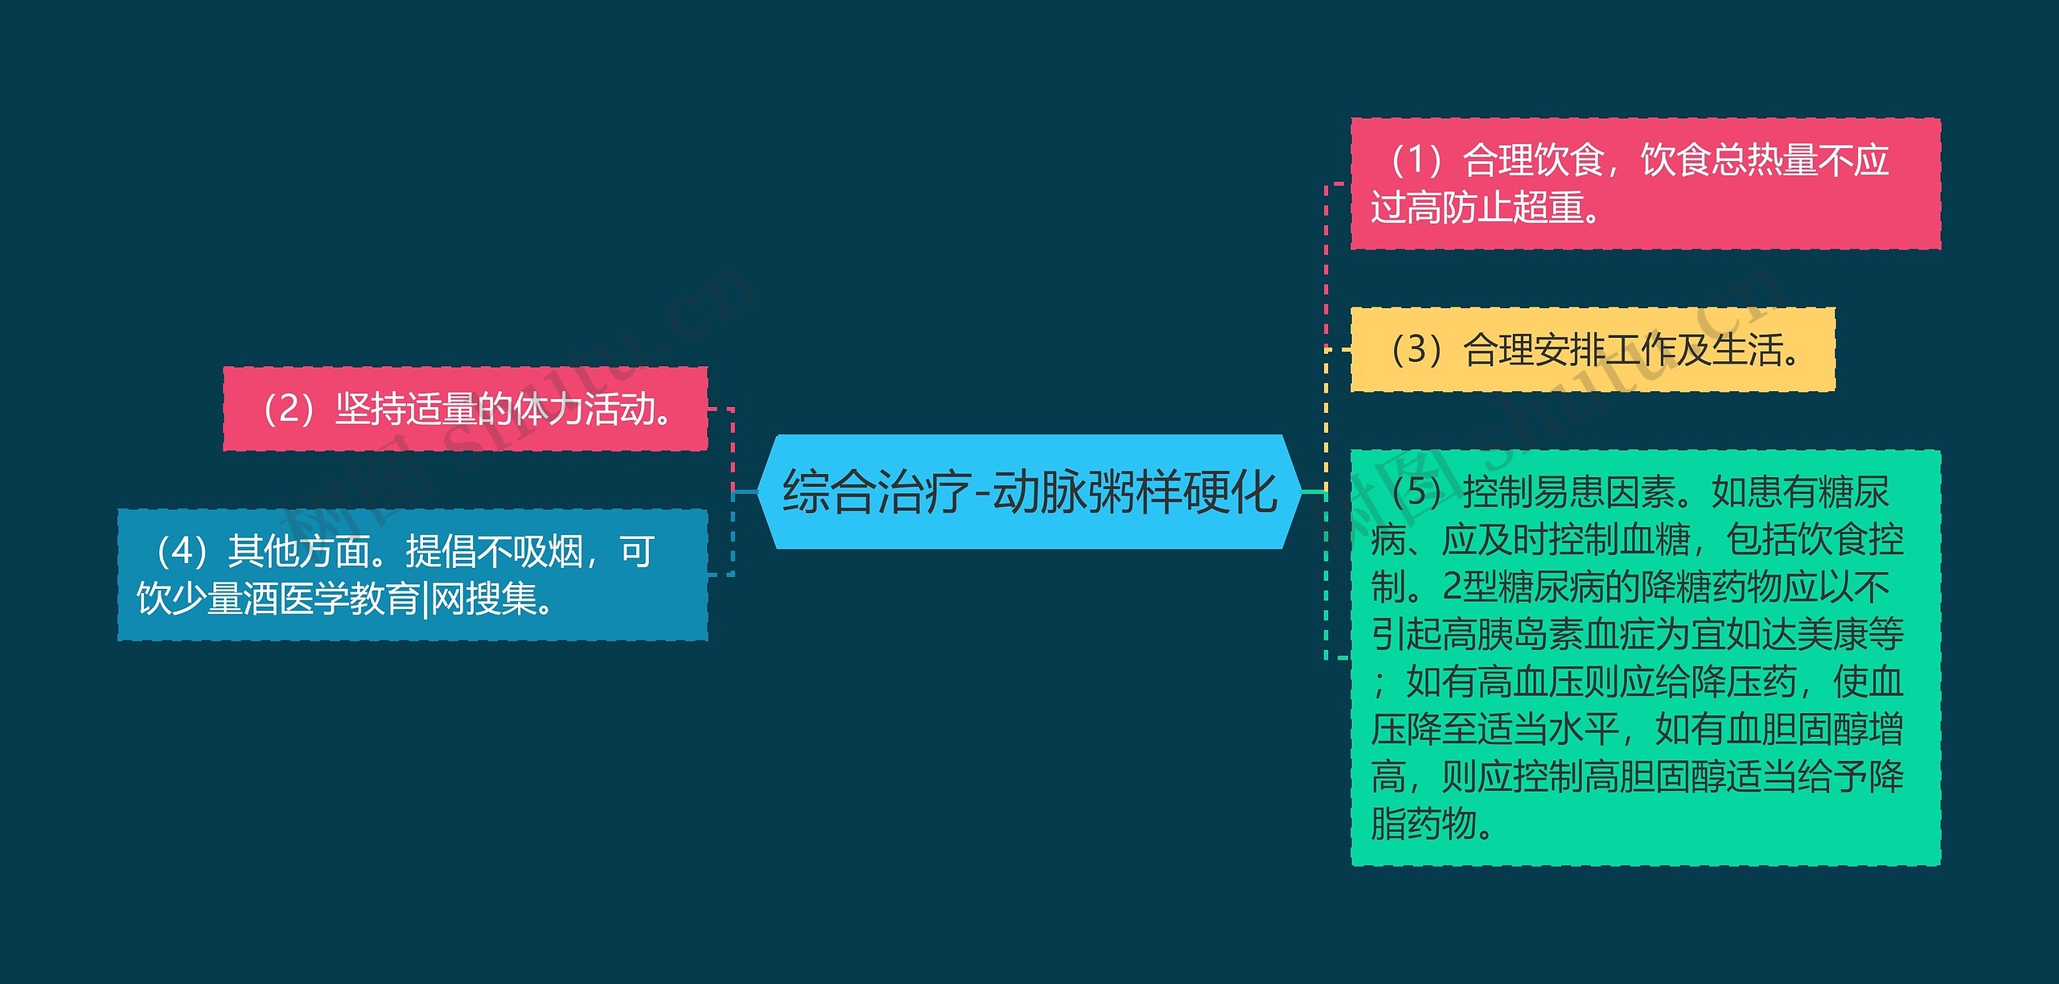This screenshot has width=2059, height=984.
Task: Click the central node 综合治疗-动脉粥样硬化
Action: click(x=1029, y=492)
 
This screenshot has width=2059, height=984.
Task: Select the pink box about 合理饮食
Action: click(x=1645, y=183)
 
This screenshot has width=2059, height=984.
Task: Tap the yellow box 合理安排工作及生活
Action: click(x=1593, y=350)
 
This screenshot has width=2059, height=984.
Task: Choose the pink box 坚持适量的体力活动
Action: click(x=465, y=409)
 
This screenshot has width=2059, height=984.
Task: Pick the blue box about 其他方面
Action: click(x=413, y=574)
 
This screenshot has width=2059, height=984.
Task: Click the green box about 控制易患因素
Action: click(x=1645, y=657)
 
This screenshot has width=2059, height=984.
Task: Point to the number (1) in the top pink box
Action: click(x=1416, y=160)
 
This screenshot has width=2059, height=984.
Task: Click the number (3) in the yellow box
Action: click(x=1416, y=350)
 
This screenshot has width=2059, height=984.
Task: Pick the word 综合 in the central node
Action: click(x=829, y=492)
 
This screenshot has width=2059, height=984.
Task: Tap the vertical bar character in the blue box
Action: click(x=425, y=599)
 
